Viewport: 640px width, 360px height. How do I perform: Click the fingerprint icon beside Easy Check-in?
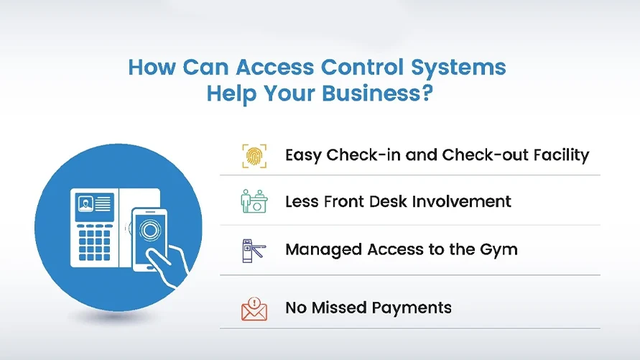pos(254,155)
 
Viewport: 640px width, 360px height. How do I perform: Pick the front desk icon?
pos(254,201)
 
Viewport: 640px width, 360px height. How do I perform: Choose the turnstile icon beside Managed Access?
pos(254,250)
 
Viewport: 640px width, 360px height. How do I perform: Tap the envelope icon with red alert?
pos(254,308)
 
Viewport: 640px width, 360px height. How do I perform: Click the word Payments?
pos(412,308)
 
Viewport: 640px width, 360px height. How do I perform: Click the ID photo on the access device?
pos(85,203)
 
